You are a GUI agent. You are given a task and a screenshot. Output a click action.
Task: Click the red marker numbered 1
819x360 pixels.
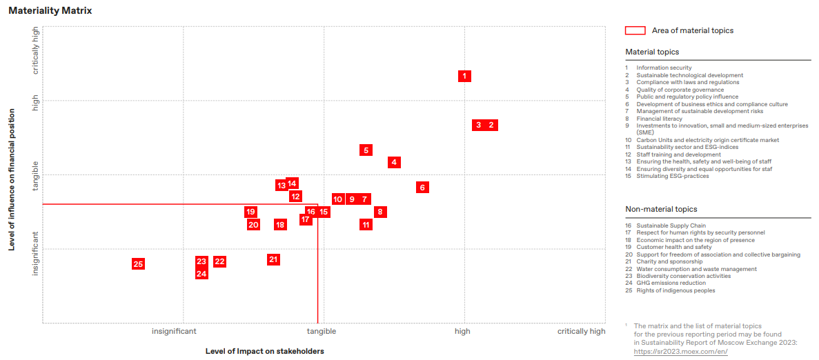coord(464,76)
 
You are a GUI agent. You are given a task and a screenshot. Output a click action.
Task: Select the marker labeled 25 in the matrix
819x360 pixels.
coord(138,264)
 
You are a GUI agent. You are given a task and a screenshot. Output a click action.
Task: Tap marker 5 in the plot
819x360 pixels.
coord(366,150)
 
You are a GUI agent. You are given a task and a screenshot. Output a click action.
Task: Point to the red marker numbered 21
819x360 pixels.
coord(273,259)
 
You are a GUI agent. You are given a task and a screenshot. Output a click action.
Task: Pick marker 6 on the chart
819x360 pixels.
coord(423,188)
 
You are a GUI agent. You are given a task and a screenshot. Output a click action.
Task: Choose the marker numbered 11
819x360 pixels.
coord(366,224)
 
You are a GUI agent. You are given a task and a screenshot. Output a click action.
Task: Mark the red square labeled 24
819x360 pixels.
coord(201,274)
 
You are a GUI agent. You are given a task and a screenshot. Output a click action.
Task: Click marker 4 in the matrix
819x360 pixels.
coord(394,163)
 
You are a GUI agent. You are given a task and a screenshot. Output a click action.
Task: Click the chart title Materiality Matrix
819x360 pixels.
coord(50,11)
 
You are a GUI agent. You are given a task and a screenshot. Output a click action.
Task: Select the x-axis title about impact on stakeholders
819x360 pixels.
coord(264,351)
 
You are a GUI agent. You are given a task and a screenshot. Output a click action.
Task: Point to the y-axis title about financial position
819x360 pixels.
coord(12,179)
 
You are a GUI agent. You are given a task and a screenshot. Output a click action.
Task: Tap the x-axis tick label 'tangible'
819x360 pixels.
coord(322,332)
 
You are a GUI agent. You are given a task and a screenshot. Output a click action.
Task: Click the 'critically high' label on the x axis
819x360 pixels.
coord(581,332)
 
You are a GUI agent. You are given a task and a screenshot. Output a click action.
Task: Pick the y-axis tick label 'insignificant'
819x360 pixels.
coord(36,253)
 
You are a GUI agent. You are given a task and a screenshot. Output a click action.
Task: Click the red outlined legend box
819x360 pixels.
coord(635,30)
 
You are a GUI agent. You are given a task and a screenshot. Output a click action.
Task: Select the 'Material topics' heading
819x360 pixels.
coord(652,52)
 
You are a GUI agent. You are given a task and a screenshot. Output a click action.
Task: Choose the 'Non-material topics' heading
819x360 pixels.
coord(661,209)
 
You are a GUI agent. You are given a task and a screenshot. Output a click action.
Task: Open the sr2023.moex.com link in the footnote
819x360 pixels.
coord(680,352)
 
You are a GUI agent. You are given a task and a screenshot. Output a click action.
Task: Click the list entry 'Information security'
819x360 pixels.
coord(664,68)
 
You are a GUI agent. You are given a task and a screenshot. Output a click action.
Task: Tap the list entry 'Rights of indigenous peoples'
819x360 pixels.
coord(675,290)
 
